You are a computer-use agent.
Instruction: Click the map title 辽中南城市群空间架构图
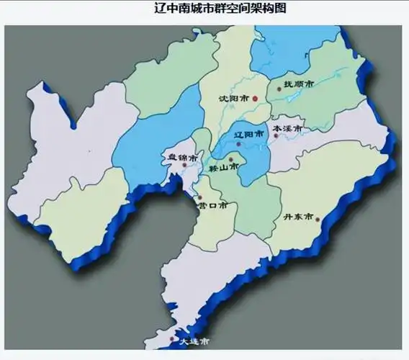tap(204, 9)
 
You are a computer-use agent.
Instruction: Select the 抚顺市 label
tap(299, 84)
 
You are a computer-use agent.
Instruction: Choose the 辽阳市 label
tap(256, 135)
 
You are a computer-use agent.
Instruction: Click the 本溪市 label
tap(288, 129)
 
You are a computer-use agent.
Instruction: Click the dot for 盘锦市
tap(185, 165)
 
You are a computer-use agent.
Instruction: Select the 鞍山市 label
tap(224, 168)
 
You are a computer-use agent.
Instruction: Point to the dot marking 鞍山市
tap(231, 159)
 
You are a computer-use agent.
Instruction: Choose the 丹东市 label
tap(297, 216)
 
